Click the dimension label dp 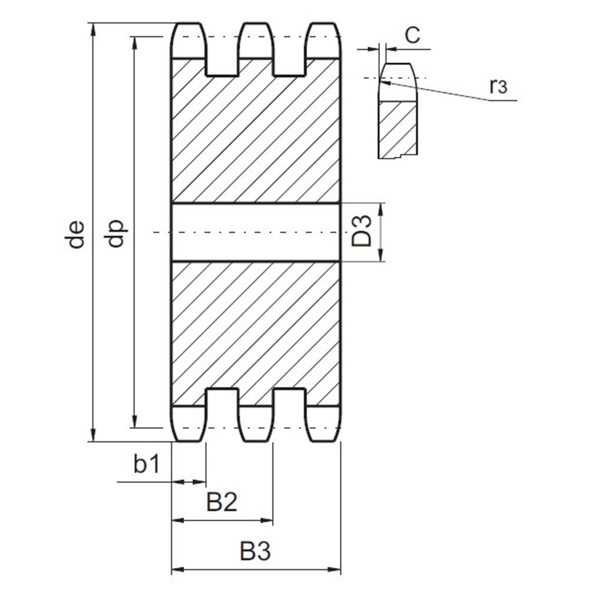(x=116, y=234)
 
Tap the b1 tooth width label (x=145, y=465)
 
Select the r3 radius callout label (x=498, y=87)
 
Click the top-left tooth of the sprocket (x=188, y=41)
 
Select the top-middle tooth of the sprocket (x=256, y=41)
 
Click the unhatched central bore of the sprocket (x=255, y=232)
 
